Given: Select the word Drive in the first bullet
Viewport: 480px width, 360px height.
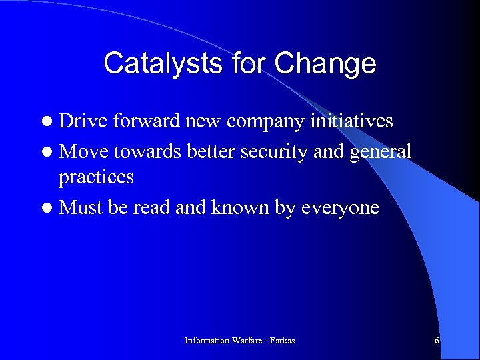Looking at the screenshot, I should click(x=83, y=121).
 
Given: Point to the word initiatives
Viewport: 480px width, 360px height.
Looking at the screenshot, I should click(x=351, y=121).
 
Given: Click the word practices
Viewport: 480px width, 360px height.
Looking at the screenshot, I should click(x=96, y=177).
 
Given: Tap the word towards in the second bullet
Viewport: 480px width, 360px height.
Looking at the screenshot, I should click(x=149, y=152).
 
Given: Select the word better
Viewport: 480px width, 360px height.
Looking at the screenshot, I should click(x=211, y=152).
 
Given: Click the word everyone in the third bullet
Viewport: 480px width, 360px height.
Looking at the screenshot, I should click(x=340, y=208).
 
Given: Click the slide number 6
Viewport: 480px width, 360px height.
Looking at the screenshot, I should click(x=437, y=341).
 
